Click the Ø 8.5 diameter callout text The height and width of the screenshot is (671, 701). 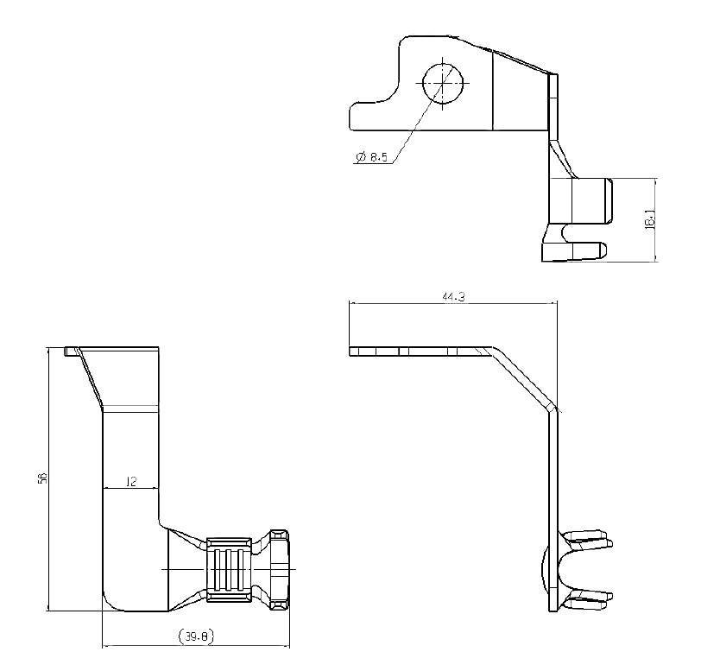click(372, 157)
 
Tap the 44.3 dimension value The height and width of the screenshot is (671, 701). click(453, 296)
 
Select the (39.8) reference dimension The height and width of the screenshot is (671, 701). click(196, 636)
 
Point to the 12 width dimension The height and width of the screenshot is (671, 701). click(131, 481)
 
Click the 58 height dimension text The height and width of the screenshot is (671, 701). click(43, 478)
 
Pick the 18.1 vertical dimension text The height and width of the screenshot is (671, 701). click(650, 220)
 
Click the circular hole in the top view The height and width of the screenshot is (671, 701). click(443, 83)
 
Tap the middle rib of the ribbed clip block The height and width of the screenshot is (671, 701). click(229, 569)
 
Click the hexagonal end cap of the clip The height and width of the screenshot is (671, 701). click(280, 569)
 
